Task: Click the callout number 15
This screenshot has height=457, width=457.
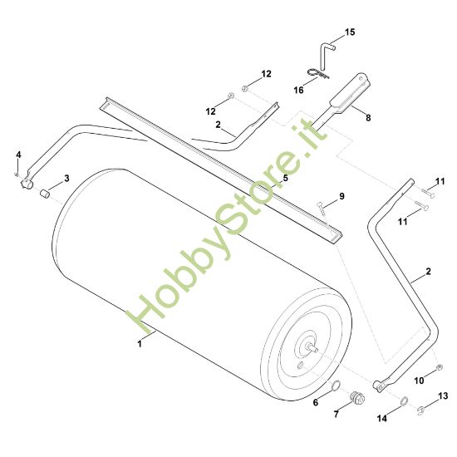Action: (350, 32)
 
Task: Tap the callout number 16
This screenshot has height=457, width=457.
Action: (298, 90)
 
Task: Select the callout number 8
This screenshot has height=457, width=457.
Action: (368, 118)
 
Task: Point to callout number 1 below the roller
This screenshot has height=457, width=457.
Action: (140, 344)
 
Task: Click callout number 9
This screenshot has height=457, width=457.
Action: (342, 196)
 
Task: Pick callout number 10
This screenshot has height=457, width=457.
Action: (419, 381)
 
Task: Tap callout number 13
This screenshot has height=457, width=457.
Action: (443, 396)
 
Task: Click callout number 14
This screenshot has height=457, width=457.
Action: (382, 418)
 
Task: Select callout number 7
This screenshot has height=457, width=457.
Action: (336, 414)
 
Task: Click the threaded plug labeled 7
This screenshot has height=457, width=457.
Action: (357, 397)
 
